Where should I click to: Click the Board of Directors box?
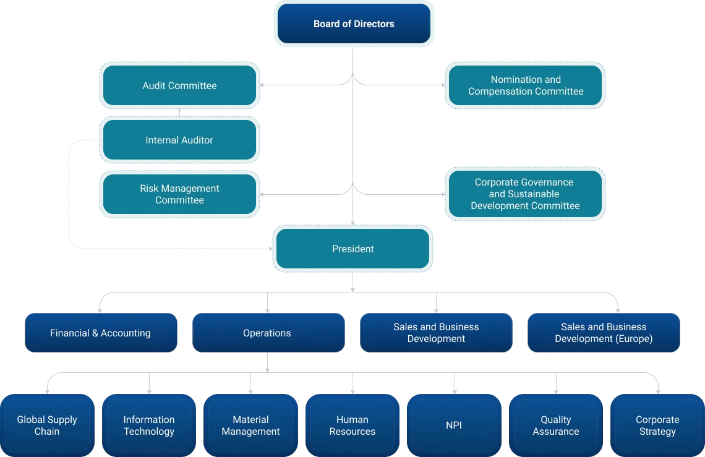354,24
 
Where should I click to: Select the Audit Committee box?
179,86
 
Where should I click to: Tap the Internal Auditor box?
179,140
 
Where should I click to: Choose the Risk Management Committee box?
179,194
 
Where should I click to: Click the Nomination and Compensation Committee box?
526,85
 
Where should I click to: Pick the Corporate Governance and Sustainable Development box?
525,194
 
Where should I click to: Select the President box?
353,249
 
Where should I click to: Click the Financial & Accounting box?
100,333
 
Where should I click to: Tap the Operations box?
267,333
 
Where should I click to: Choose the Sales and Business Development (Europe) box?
604,333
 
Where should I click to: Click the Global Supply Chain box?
47,425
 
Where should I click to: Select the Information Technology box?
149,425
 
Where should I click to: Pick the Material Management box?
250,425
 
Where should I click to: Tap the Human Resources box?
352,425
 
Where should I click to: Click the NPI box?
454,425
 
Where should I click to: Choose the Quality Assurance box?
556,425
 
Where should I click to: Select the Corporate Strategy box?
657,425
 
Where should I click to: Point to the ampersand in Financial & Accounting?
95,333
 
